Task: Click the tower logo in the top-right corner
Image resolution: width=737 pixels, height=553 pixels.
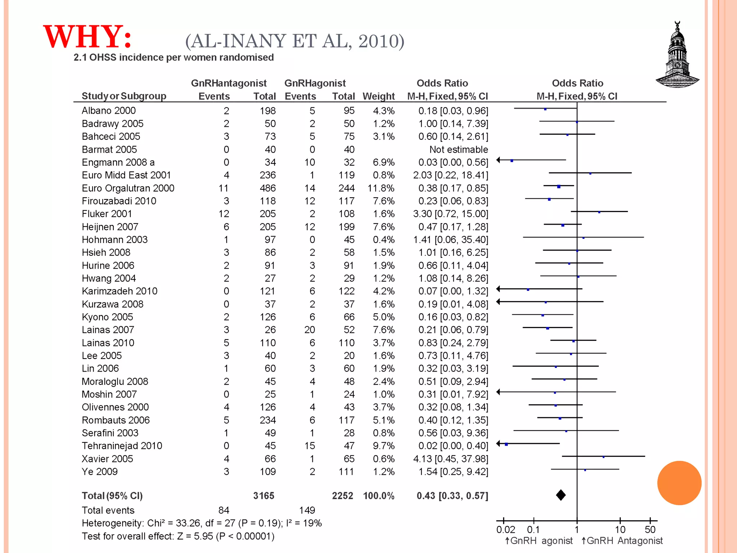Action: pyautogui.click(x=677, y=56)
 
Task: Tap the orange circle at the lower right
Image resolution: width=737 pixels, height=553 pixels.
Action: pyautogui.click(x=679, y=483)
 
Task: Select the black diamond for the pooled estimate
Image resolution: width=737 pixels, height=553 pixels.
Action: pyautogui.click(x=561, y=495)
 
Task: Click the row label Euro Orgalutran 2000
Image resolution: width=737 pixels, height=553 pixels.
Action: pyautogui.click(x=128, y=188)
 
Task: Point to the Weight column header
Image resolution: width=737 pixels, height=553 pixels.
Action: pyautogui.click(x=379, y=96)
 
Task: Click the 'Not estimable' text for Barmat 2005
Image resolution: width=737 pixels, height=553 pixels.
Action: pyautogui.click(x=458, y=149)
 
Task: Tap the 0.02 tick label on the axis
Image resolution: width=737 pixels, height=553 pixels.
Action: pyautogui.click(x=505, y=530)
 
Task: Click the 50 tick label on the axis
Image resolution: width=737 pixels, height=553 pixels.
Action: pyautogui.click(x=650, y=530)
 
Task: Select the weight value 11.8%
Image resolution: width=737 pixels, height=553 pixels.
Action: pyautogui.click(x=381, y=188)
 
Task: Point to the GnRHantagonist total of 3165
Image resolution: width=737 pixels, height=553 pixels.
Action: pyautogui.click(x=263, y=496)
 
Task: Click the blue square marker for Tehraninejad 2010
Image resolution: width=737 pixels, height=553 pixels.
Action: pyautogui.click(x=506, y=444)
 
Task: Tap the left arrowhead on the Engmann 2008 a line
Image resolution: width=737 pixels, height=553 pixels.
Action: pyautogui.click(x=498, y=160)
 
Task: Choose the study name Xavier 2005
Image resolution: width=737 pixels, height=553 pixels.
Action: pyautogui.click(x=107, y=459)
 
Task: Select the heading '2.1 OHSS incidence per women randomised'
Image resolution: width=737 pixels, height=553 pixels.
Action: pyautogui.click(x=173, y=58)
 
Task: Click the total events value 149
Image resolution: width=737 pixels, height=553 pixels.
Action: pyautogui.click(x=307, y=510)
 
